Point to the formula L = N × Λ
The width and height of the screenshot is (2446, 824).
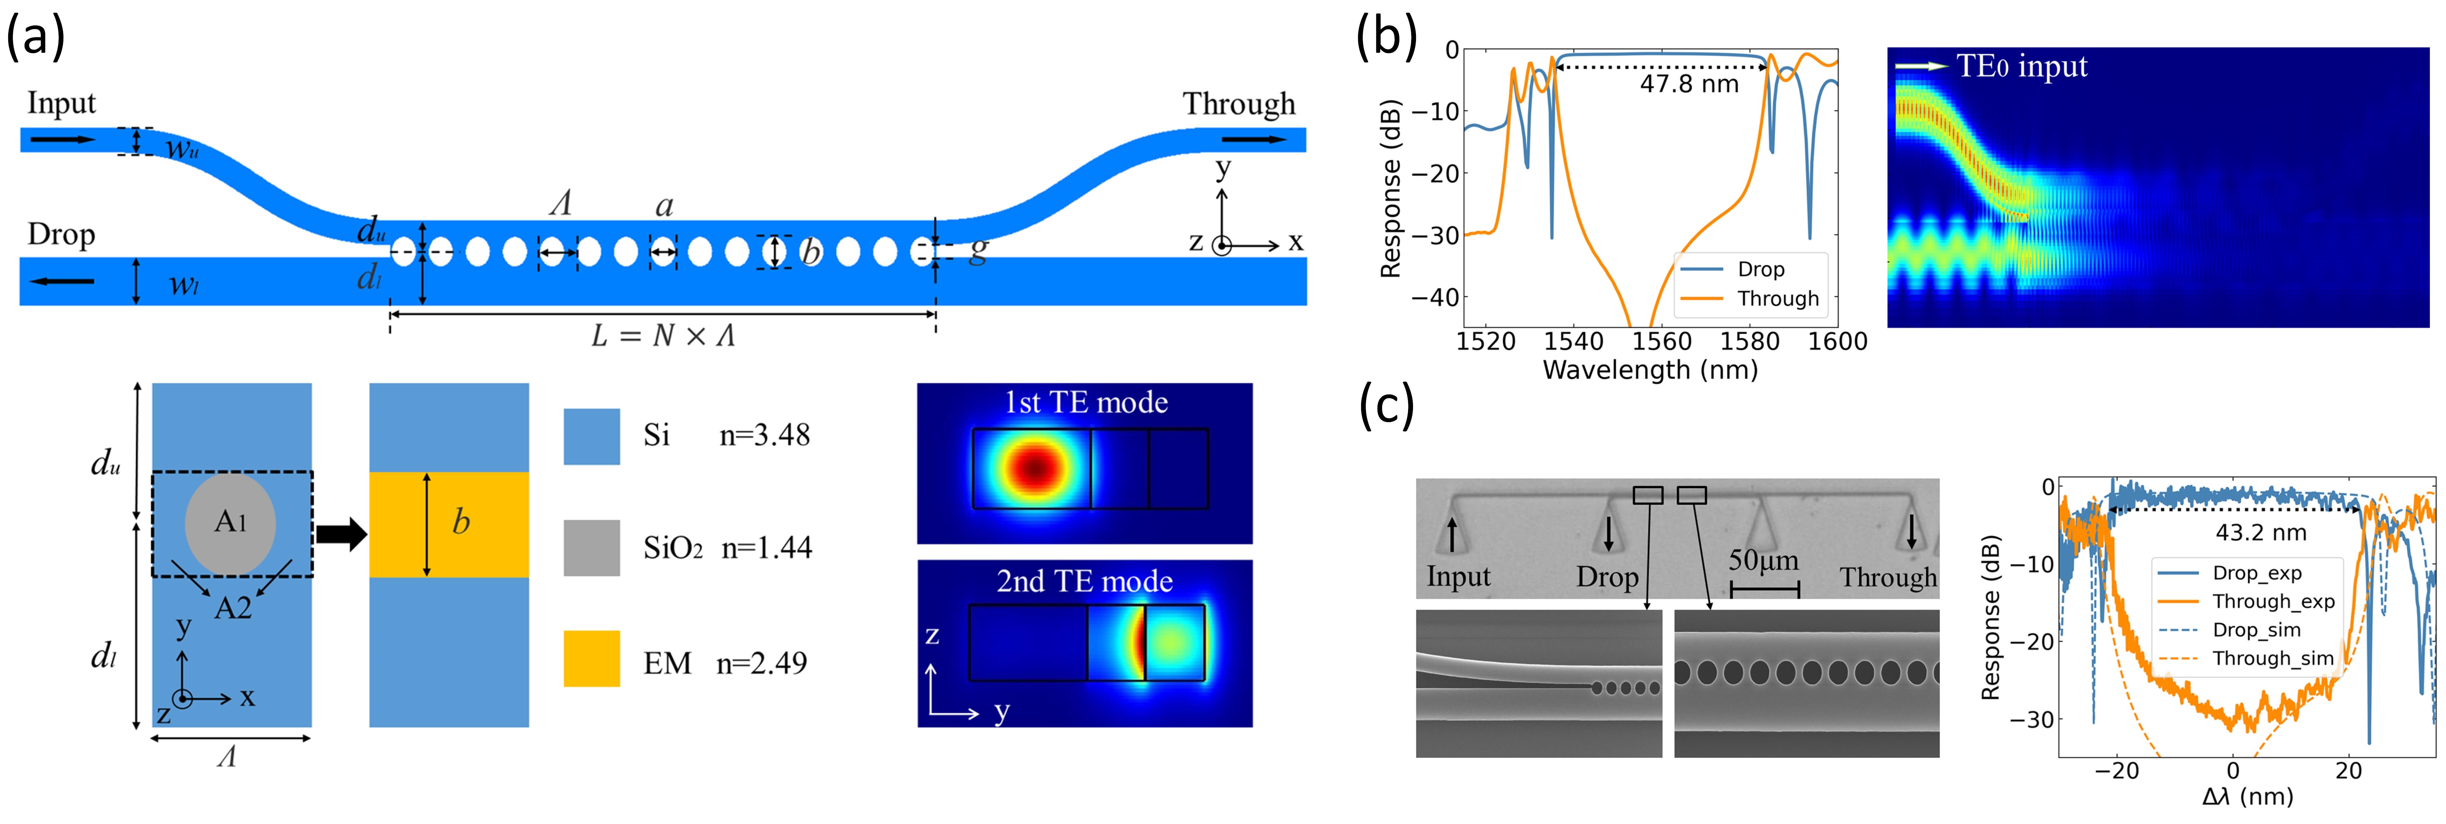(663, 335)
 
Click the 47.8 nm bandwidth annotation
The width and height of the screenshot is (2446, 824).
(1689, 84)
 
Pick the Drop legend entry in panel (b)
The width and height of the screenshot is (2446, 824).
(1760, 270)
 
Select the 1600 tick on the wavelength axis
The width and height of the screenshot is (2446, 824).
(1837, 342)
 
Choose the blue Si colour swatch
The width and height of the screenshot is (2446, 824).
(592, 436)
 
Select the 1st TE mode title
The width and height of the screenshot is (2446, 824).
(1085, 403)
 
